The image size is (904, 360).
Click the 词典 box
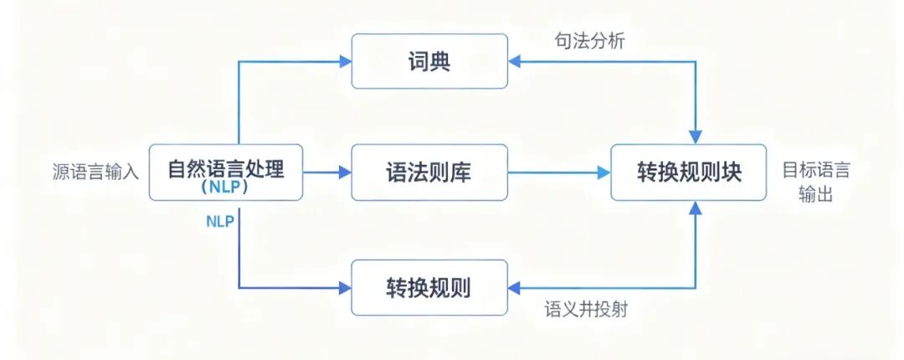tap(429, 61)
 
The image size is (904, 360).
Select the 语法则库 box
tap(429, 172)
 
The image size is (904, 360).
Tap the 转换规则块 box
tap(689, 172)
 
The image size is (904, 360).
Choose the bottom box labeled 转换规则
tap(429, 288)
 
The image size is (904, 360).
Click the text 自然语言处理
tap(226, 169)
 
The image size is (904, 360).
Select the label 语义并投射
tap(586, 310)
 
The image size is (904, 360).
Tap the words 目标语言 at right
tap(815, 170)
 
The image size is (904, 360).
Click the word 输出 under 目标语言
tap(815, 194)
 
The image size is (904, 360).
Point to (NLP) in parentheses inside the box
tap(226, 189)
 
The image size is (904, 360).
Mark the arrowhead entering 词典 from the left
tap(345, 61)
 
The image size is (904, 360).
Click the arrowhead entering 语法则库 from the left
tap(345, 172)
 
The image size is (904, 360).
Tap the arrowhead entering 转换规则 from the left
tap(345, 288)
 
